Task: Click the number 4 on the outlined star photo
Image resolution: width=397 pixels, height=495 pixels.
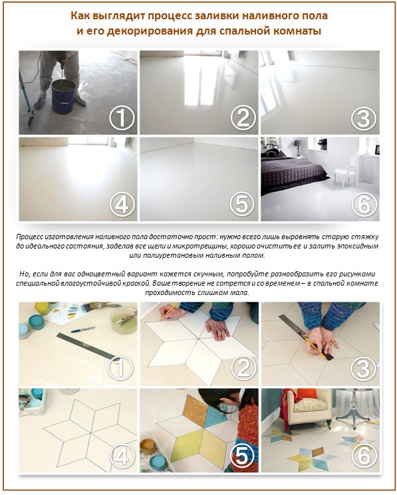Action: click(122, 458)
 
